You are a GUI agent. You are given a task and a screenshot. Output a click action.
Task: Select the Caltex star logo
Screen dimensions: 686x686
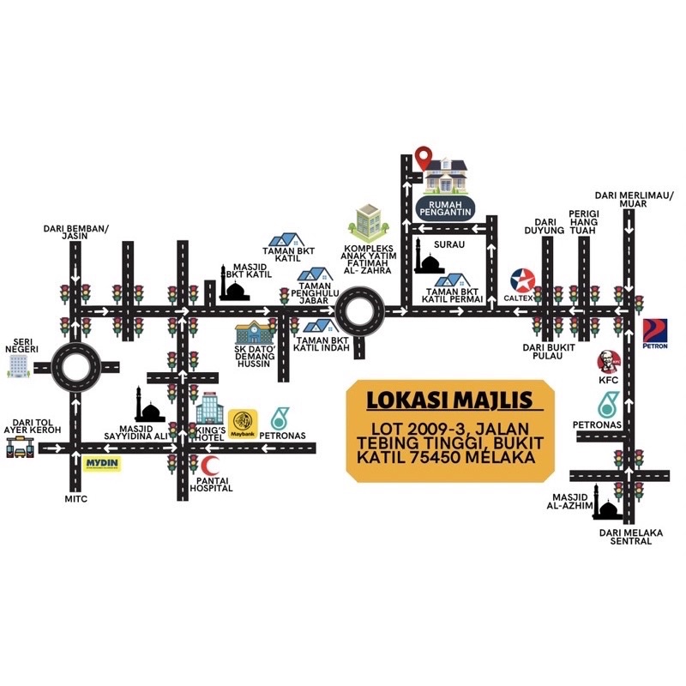(523, 281)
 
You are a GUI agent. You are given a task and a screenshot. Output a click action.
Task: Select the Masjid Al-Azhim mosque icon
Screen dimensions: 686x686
(606, 508)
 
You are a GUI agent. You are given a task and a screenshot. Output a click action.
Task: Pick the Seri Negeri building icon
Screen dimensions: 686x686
(18, 366)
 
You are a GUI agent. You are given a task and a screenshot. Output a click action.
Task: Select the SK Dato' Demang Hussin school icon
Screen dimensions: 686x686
(254, 333)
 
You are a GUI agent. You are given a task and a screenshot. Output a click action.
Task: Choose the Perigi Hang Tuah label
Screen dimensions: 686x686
(586, 219)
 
